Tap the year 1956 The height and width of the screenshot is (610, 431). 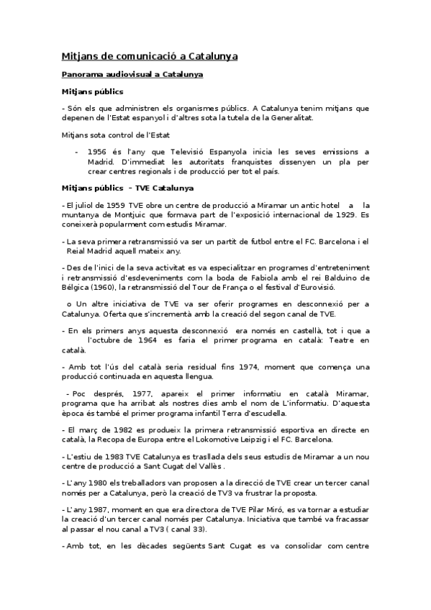97,152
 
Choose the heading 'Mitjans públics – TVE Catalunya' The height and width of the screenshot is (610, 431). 127,188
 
